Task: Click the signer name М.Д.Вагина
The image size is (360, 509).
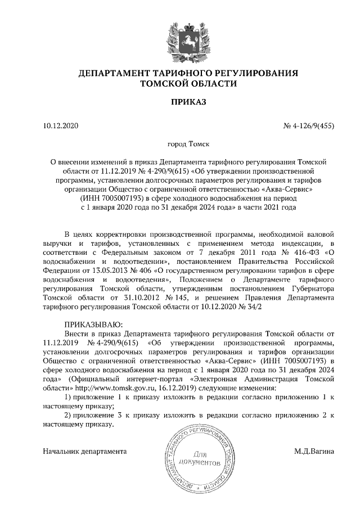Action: click(x=314, y=451)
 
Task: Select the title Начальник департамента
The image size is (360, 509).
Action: click(x=85, y=451)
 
